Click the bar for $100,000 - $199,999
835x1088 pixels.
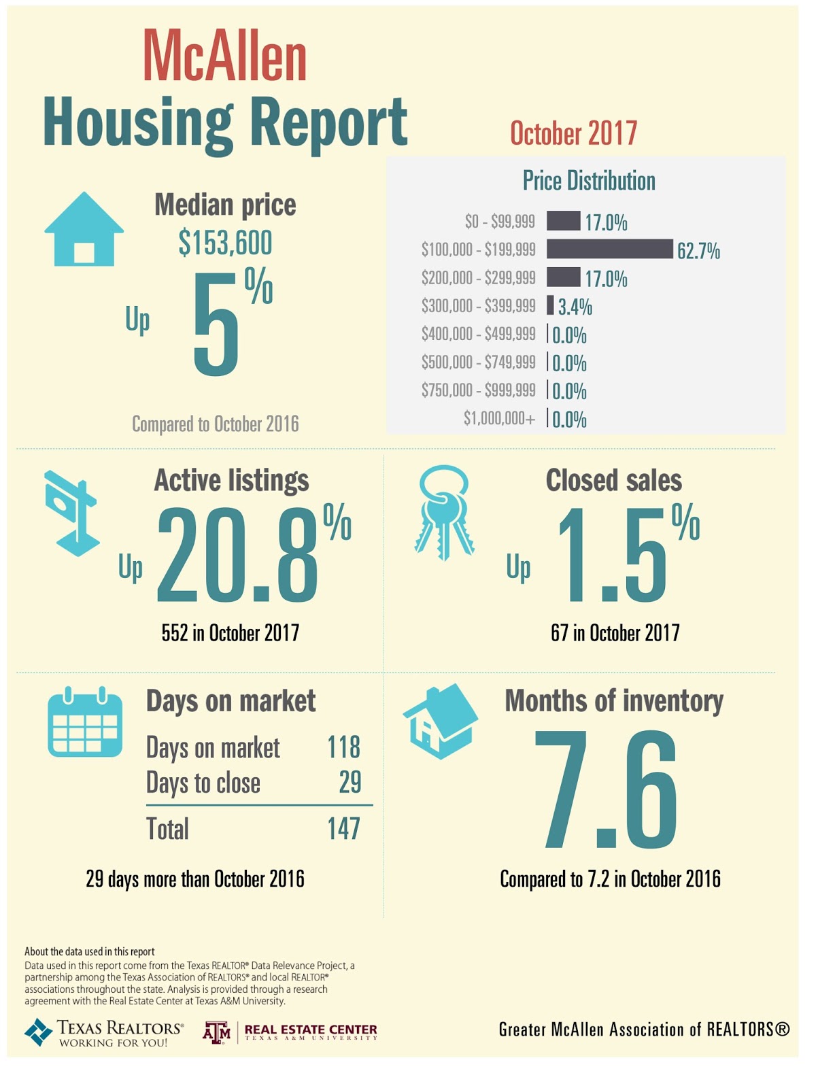pos(609,249)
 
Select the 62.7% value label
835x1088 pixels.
pos(698,251)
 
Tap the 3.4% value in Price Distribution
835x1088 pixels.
pos(575,307)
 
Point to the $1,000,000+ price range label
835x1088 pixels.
pos(499,418)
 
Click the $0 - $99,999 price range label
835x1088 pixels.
pos(500,222)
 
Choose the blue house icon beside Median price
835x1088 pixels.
pos(84,229)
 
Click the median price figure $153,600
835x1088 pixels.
pos(225,243)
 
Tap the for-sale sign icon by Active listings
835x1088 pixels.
pos(71,513)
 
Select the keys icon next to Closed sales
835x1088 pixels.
pos(444,511)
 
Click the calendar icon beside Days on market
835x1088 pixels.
pos(85,723)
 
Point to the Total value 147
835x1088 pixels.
pos(343,829)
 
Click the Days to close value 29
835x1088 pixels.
pos(350,783)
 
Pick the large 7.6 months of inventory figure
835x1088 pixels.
pos(606,790)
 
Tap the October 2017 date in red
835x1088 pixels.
pos(573,133)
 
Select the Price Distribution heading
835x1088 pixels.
pos(589,181)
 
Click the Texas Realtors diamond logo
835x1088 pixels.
pos(38,1032)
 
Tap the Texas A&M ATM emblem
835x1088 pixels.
pos(217,1032)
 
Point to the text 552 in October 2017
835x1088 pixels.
pos(231,633)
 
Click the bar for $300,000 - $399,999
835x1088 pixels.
pos(550,305)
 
